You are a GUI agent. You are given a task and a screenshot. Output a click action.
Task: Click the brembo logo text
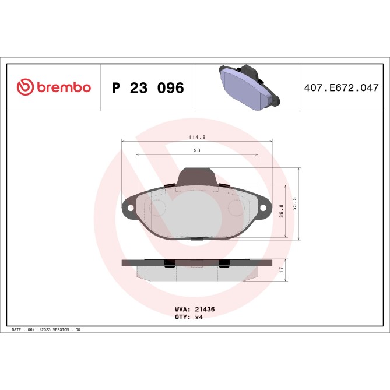pos(64,88)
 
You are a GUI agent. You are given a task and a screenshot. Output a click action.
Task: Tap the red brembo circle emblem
pos(25,88)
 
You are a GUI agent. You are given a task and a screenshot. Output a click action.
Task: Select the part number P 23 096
pos(147,88)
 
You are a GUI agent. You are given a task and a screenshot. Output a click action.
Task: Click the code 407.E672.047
pos(345,88)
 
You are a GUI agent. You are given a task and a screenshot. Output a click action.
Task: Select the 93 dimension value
pos(197,150)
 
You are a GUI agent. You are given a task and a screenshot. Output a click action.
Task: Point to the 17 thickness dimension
pos(281,270)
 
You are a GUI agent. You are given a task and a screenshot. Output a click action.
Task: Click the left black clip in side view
pos(168,263)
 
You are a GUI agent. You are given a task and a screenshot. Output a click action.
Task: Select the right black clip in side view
pos(224,263)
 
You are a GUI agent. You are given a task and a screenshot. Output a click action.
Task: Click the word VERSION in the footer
pos(61,329)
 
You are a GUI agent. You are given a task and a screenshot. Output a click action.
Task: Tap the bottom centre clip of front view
pos(196,238)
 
